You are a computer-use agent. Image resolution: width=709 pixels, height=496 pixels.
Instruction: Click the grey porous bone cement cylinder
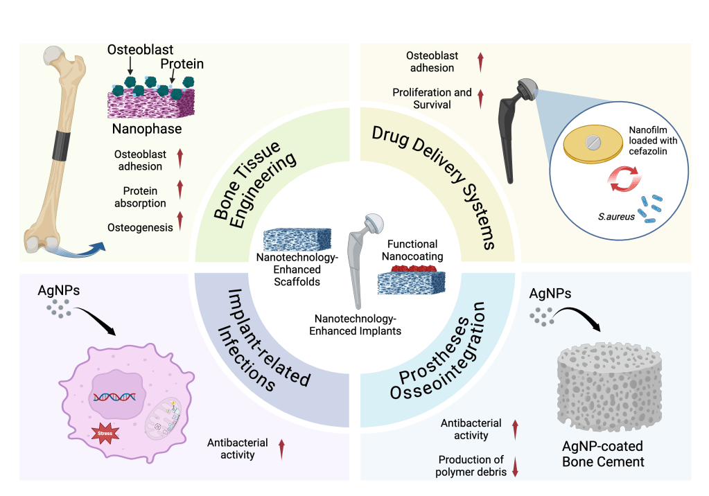point(610,385)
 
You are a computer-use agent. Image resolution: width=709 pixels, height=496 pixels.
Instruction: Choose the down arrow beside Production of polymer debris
point(515,466)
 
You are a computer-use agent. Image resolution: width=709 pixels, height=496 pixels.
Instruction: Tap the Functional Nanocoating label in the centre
point(412,250)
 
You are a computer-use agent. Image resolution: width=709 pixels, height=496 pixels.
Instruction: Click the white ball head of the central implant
point(374,223)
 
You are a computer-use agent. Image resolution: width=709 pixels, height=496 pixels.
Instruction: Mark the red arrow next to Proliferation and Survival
point(481,98)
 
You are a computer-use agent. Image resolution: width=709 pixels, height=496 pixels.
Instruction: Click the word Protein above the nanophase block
point(184,64)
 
